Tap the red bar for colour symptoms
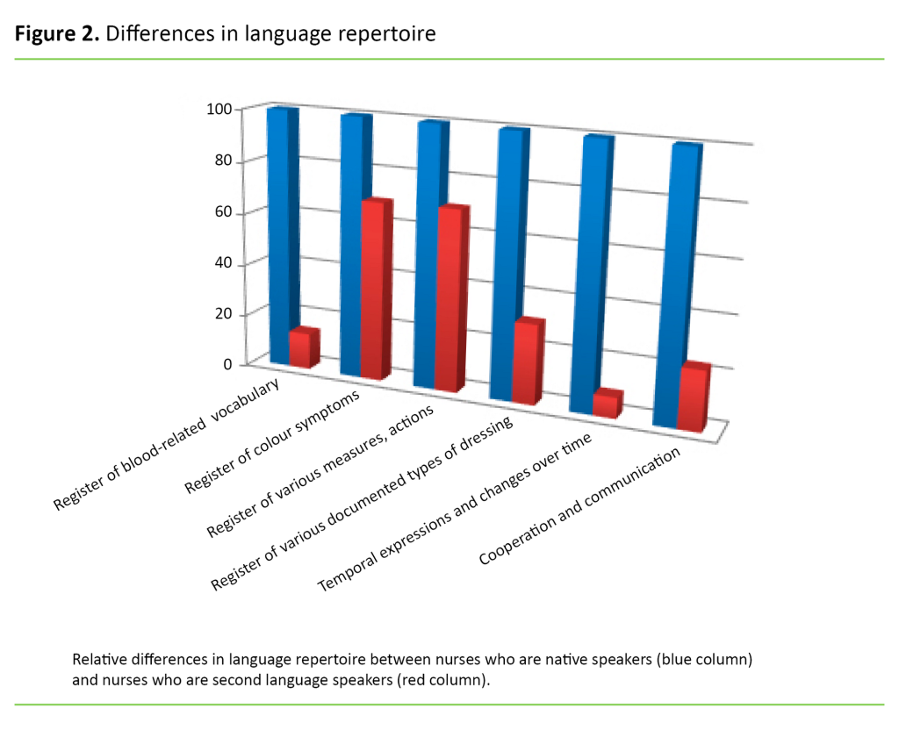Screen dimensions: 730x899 [x=374, y=290]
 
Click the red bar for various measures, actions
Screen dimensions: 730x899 [x=450, y=298]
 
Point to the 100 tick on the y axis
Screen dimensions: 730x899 [x=218, y=109]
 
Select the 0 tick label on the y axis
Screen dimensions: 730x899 [x=227, y=364]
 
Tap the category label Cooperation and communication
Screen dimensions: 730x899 [x=579, y=507]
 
